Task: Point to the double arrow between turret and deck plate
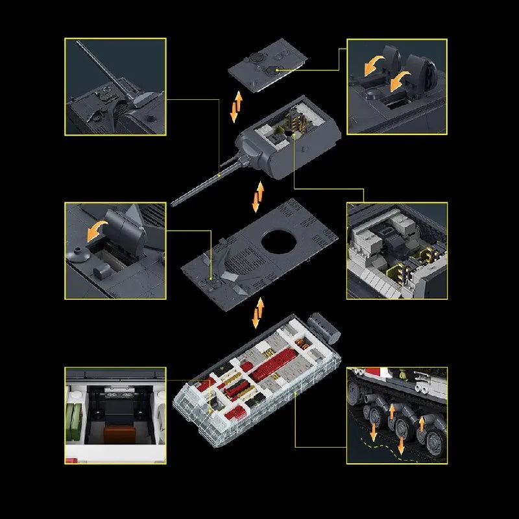pyautogui.click(x=259, y=197)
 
